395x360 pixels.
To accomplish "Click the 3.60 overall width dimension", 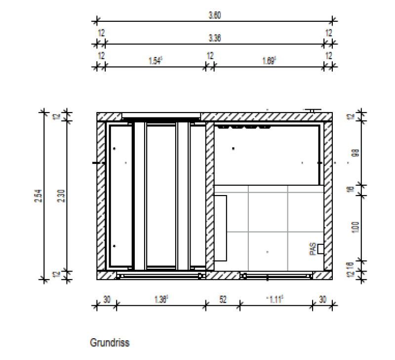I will pyautogui.click(x=214, y=15).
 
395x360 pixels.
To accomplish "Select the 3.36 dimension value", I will pyautogui.click(x=214, y=38).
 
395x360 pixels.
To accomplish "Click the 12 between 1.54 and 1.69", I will pyautogui.click(x=210, y=56).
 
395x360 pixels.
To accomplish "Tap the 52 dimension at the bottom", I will pyautogui.click(x=223, y=300).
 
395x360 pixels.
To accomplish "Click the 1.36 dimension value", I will pyautogui.click(x=161, y=300).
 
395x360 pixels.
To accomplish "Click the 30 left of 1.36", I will pyautogui.click(x=106, y=300).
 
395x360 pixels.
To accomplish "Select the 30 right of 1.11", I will pyautogui.click(x=323, y=300).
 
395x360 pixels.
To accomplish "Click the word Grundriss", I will pyautogui.click(x=110, y=342).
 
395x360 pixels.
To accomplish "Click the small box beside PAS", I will pyautogui.click(x=320, y=249).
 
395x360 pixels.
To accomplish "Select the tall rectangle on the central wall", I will pyautogui.click(x=220, y=228).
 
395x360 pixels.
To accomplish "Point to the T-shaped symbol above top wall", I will pyautogui.click(x=311, y=110).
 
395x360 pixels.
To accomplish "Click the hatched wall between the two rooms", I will pyautogui.click(x=210, y=198).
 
